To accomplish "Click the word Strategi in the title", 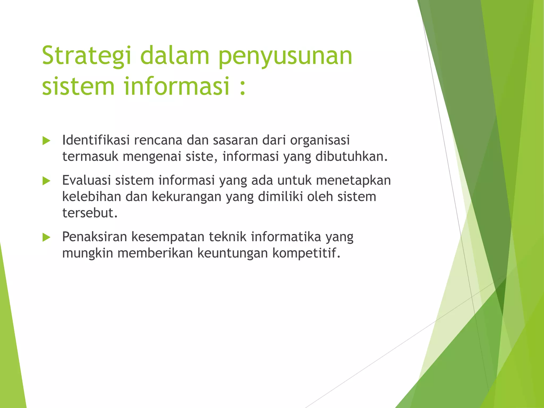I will tap(87, 56).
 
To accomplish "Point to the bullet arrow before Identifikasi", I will tap(46, 141).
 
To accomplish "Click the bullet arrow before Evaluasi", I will tap(46, 181).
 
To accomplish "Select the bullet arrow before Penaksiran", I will tap(46, 237).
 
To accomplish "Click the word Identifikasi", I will tap(96, 140).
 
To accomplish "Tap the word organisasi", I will tap(320, 141).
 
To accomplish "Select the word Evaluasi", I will tap(86, 180).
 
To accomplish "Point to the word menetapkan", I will tap(353, 181).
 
